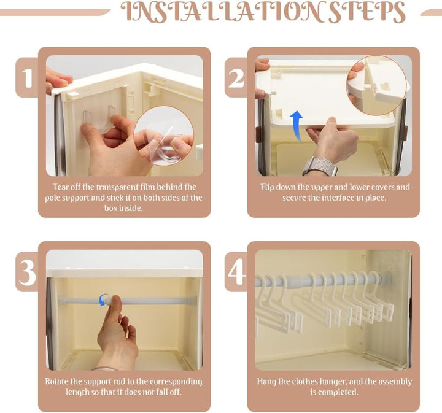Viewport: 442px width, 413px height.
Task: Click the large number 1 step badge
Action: (x=28, y=77)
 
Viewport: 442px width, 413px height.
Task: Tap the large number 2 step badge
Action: (x=236, y=77)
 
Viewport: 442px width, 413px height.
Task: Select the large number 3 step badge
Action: (x=28, y=272)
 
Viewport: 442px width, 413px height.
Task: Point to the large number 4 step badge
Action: (x=236, y=272)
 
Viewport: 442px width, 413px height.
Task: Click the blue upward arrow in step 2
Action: (x=297, y=125)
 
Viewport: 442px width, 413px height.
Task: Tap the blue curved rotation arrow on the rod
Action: (x=104, y=299)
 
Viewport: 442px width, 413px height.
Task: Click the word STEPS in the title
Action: (x=367, y=12)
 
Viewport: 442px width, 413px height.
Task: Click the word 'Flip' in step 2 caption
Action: (x=266, y=187)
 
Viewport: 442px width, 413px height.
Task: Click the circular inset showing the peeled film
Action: (x=163, y=136)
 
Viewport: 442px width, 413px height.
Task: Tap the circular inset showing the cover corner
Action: (x=376, y=85)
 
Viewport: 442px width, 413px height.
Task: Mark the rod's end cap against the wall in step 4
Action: (x=387, y=277)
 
